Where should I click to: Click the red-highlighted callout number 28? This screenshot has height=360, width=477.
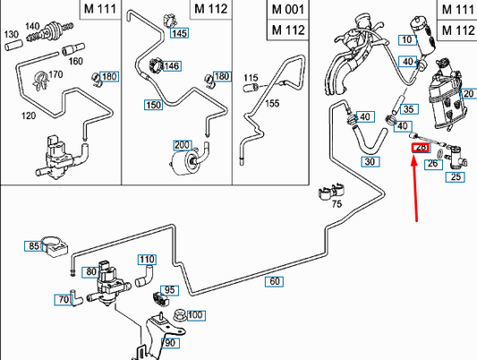421,148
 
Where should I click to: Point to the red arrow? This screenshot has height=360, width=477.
414,188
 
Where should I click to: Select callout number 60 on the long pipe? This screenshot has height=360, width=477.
274,281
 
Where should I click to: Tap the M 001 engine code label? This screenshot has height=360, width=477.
288,10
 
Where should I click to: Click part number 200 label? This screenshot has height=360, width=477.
182,145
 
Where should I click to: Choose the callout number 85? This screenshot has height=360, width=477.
33,246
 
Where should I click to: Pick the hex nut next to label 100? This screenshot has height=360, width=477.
180,315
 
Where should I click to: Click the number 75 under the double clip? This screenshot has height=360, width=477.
336,203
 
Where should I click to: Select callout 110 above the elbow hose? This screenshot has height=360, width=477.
147,260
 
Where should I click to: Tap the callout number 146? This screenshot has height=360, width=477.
172,66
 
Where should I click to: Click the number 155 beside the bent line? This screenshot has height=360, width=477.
272,104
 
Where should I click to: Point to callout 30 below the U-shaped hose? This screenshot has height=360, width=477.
371,161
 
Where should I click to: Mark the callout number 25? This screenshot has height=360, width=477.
456,177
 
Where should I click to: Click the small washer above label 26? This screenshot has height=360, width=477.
440,153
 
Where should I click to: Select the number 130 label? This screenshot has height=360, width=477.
12,34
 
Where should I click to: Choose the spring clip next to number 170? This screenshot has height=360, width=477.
40,81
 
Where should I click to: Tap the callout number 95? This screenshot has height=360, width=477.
169,290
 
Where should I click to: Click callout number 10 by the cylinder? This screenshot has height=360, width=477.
407,40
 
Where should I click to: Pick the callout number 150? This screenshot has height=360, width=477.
154,105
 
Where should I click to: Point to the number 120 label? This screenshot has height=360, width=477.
29,116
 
